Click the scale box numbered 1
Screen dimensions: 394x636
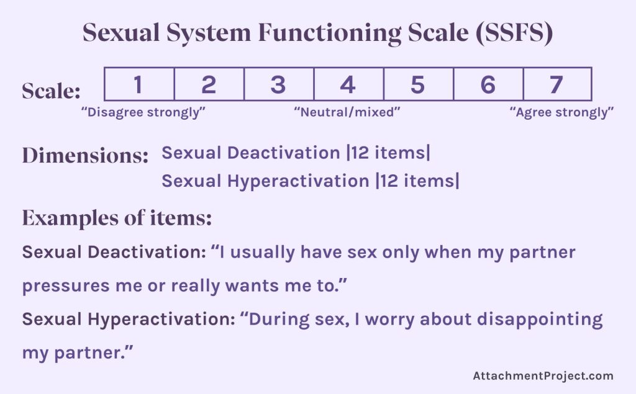[139, 84]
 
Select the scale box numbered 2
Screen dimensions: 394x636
[209, 84]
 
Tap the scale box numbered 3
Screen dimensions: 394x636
[278, 84]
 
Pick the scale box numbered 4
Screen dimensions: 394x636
[348, 84]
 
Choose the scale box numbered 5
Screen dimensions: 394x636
[418, 84]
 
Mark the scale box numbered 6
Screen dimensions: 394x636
[488, 84]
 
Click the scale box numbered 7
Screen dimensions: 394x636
[557, 84]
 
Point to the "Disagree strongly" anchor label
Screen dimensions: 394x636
[143, 112]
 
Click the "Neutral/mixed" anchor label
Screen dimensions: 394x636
[347, 112]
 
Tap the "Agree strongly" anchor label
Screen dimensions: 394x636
[561, 112]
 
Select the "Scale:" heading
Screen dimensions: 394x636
[52, 91]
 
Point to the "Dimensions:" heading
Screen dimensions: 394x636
[85, 155]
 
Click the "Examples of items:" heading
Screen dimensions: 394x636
[117, 218]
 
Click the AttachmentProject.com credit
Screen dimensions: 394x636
[543, 375]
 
